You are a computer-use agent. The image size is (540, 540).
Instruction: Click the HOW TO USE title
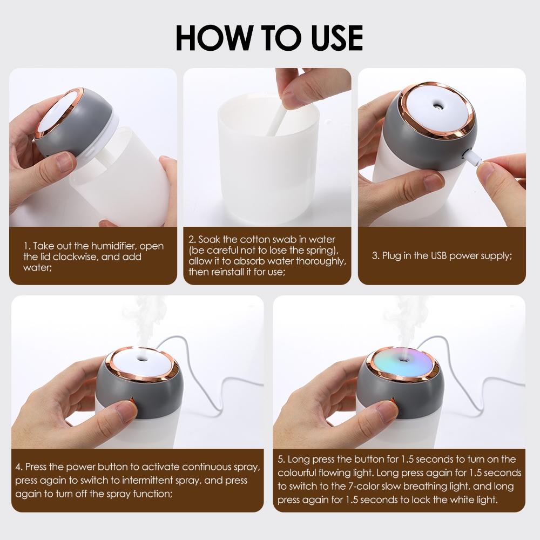[269, 36]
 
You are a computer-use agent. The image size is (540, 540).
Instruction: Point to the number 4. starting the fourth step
[19, 466]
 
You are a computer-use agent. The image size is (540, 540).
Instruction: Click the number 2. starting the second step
[192, 239]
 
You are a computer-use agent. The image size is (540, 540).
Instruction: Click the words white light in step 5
[475, 500]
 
